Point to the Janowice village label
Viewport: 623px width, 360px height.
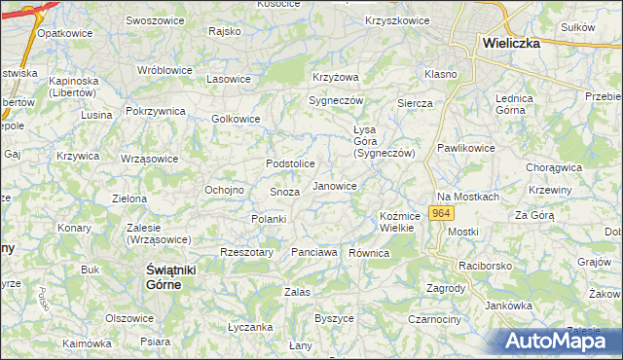[334, 185]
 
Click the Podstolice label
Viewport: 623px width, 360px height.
[290, 163]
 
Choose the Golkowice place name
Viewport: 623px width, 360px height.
[236, 120]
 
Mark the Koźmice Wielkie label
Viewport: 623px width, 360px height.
[397, 222]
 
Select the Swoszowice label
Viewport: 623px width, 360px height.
[156, 20]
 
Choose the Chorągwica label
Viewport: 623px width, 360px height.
[554, 167]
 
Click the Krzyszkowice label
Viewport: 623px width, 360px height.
[397, 20]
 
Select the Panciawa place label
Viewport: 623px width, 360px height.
[314, 253]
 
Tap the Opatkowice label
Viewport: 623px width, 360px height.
[57, 33]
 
